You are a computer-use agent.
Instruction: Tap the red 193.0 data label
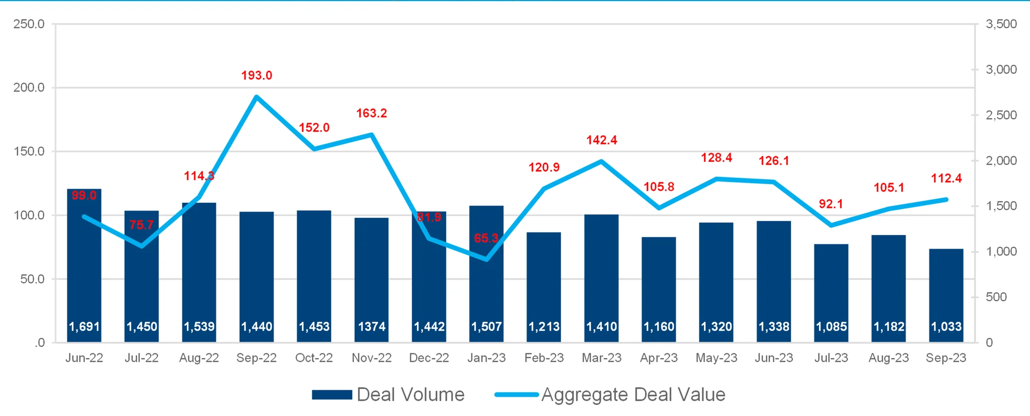(x=257, y=75)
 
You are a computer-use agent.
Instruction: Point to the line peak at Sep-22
(x=257, y=96)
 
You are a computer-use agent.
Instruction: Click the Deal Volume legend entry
(x=388, y=395)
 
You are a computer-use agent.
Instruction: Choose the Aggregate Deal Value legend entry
(x=610, y=395)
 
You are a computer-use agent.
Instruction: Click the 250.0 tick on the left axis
(x=29, y=24)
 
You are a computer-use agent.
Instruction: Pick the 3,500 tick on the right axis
(x=1001, y=24)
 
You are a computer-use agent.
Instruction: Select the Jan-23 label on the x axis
(x=487, y=358)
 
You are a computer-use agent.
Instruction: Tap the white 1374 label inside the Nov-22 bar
(x=371, y=327)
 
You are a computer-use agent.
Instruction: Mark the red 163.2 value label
(x=371, y=113)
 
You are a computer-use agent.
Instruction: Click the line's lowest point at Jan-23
(x=487, y=259)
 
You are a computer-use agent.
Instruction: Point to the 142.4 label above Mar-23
(x=601, y=140)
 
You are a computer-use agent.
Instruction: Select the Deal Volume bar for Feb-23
(x=544, y=282)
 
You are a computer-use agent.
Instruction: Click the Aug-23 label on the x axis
(x=889, y=358)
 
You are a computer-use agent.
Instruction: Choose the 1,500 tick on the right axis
(x=1001, y=206)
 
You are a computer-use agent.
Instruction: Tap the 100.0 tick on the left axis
(x=29, y=215)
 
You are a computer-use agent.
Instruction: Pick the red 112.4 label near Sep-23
(x=946, y=179)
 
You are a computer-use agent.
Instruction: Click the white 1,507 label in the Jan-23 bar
(x=487, y=327)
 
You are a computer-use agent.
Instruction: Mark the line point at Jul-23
(x=831, y=225)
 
